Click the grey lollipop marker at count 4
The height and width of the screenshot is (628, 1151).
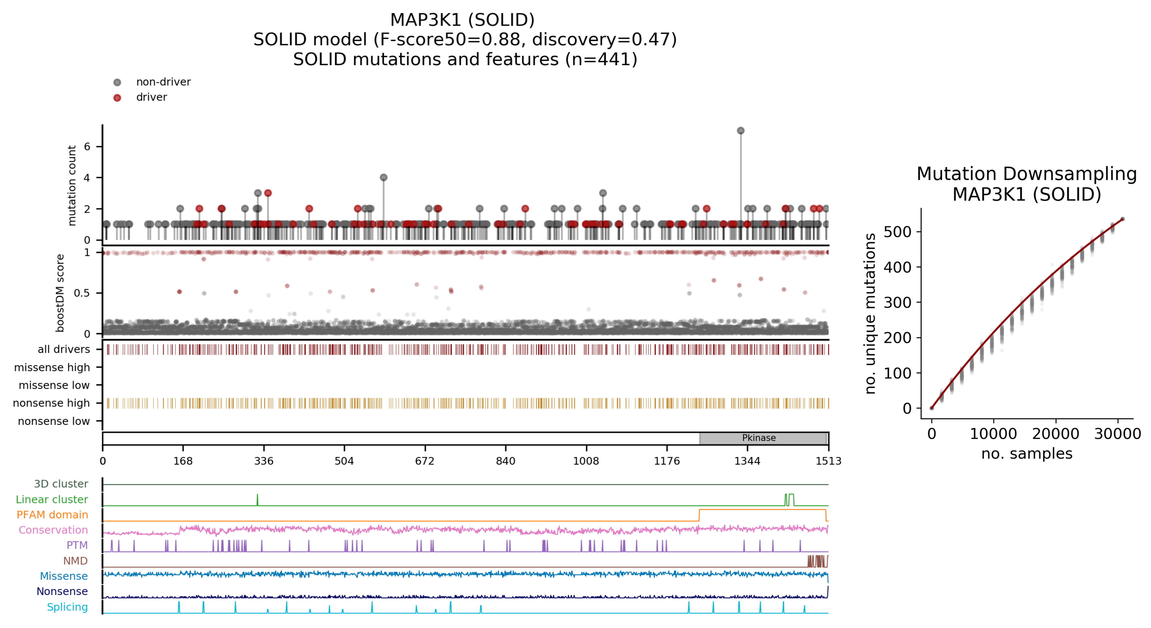pyautogui.click(x=383, y=177)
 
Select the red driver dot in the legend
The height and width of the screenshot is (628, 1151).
pyautogui.click(x=117, y=98)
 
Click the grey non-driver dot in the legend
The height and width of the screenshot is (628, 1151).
pyautogui.click(x=117, y=82)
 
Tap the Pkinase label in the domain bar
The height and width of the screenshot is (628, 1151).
pyautogui.click(x=759, y=438)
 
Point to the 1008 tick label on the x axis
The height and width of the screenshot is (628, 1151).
pyautogui.click(x=586, y=461)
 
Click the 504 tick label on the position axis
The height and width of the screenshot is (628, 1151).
pyautogui.click(x=344, y=461)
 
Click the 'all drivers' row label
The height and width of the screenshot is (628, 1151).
pyautogui.click(x=64, y=349)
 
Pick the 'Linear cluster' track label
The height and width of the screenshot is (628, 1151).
pyautogui.click(x=52, y=499)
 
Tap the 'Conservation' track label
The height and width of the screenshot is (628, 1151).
pyautogui.click(x=53, y=530)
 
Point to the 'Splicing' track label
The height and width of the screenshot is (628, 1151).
pyautogui.click(x=68, y=607)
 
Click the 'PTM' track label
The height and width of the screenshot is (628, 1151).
pyautogui.click(x=77, y=545)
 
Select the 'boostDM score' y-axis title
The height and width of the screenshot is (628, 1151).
pyautogui.click(x=60, y=293)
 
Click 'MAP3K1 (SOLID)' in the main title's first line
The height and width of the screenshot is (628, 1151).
pyautogui.click(x=462, y=20)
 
